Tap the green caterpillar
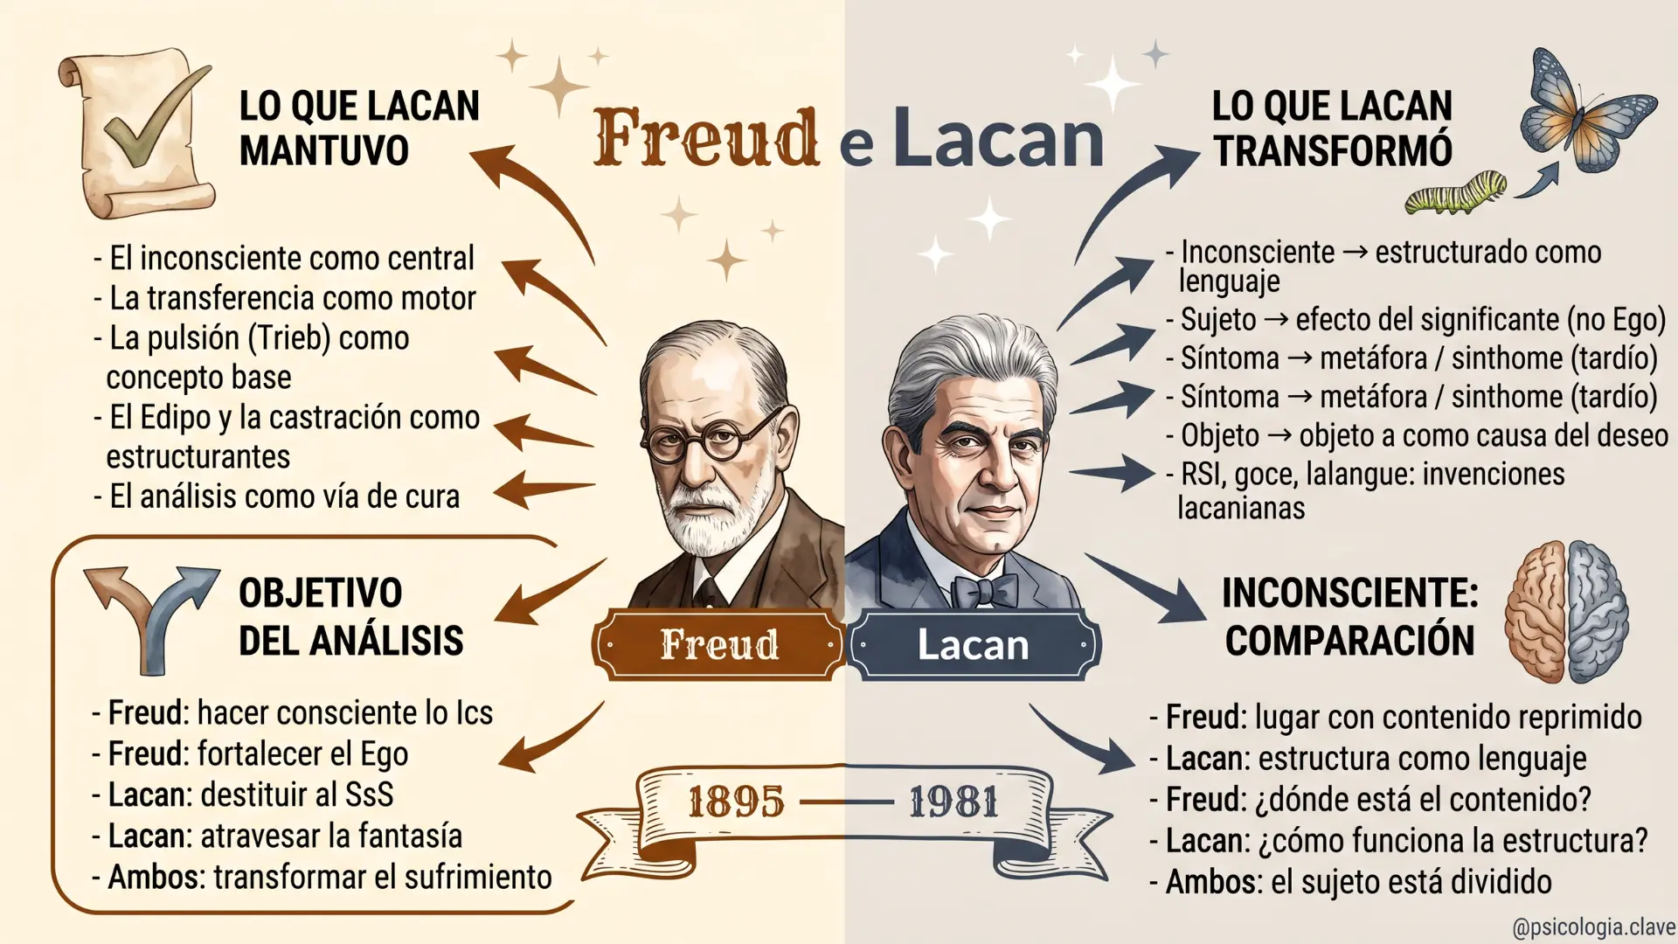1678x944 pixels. click(x=1456, y=193)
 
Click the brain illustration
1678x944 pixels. click(x=1566, y=611)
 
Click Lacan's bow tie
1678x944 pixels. click(x=985, y=590)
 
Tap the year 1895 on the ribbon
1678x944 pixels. click(x=735, y=802)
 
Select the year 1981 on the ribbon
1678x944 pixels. click(x=953, y=802)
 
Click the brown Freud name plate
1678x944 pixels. click(x=718, y=645)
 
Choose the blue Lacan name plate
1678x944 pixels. click(x=974, y=645)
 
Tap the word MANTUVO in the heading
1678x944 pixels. click(x=324, y=150)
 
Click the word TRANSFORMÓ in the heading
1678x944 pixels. click(x=1333, y=150)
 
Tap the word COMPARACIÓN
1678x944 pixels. click(x=1349, y=640)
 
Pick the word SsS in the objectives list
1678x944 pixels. click(x=370, y=795)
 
